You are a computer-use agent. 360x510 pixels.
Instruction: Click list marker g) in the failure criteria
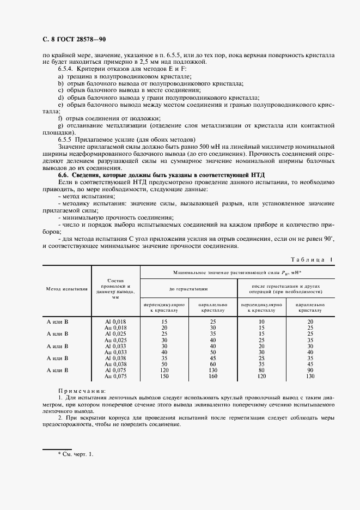point(60,126)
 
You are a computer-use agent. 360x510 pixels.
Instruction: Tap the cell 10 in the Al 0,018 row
point(261,322)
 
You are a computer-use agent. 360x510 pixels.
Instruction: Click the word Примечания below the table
point(82,406)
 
